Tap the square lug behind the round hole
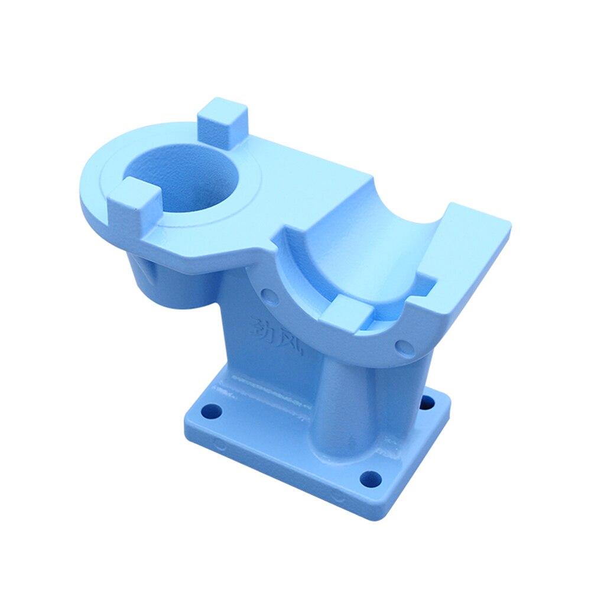(x=222, y=121)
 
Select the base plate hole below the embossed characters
(x=211, y=410)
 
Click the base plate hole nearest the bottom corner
(x=370, y=478)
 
